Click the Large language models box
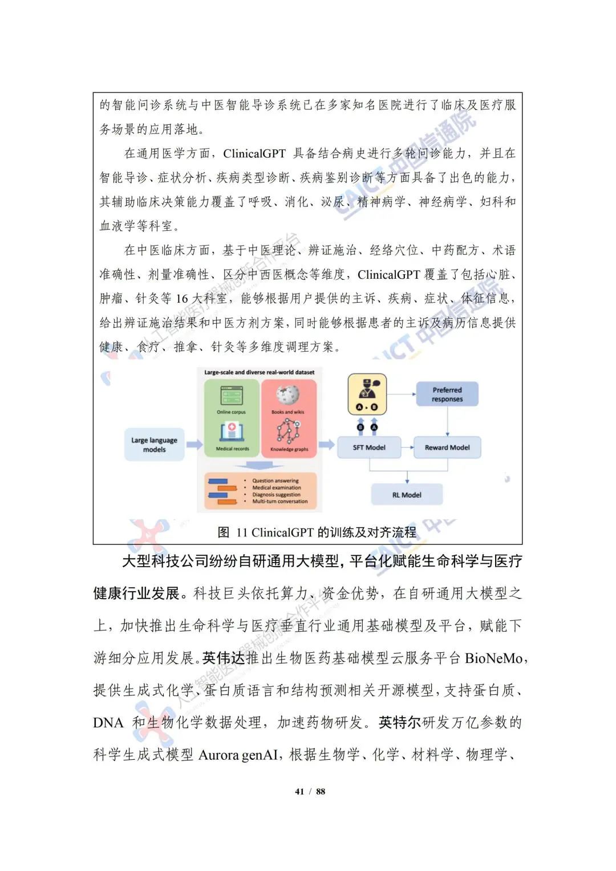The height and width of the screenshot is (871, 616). pos(154,445)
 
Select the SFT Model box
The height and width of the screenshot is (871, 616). pos(369,447)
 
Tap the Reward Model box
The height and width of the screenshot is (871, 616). pos(447,447)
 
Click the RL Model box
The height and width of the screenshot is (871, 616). pos(407,495)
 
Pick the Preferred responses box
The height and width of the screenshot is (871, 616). pos(447,394)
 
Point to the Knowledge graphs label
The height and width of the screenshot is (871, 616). pos(289,449)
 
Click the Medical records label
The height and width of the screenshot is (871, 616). pos(232,449)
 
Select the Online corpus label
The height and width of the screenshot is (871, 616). pos(231,412)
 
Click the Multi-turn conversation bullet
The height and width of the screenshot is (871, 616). pos(279,502)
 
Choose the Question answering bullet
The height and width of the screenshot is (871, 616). pos(275,481)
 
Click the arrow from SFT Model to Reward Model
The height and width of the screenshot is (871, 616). pos(407,447)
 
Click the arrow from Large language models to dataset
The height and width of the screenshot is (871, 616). pos(194,445)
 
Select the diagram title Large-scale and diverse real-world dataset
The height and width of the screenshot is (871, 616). pos(260,372)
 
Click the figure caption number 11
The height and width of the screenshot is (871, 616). pos(241,533)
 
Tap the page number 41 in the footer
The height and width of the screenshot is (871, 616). pos(299,791)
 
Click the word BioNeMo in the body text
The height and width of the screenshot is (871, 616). pos(494,658)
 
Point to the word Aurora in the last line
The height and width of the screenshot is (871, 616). pos(218,755)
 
